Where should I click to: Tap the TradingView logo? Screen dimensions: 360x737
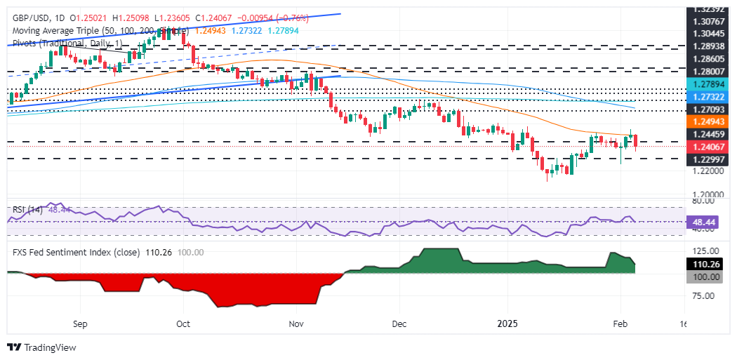pos(42,347)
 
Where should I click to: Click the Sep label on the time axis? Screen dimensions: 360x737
pos(79,325)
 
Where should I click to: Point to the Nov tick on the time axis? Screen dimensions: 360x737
pos(296,325)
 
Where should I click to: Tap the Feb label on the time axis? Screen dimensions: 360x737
pos(620,325)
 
